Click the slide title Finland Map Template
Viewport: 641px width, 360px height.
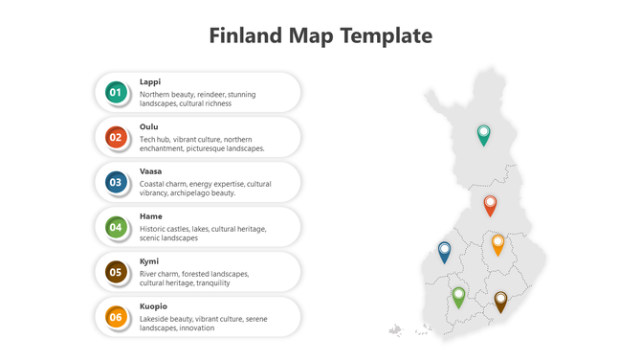click(x=320, y=36)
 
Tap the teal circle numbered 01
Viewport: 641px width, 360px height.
click(x=116, y=92)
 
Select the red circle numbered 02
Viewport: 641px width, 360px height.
click(x=116, y=137)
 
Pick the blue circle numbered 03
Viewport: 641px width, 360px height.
click(x=116, y=182)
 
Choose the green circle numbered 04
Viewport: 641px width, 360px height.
click(x=116, y=227)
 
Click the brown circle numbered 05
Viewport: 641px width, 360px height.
click(x=116, y=272)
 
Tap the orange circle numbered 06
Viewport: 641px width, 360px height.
click(x=116, y=317)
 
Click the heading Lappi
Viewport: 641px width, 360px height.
click(x=150, y=82)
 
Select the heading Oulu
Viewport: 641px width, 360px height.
click(x=149, y=127)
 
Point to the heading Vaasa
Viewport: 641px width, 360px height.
click(x=151, y=172)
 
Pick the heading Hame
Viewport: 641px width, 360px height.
click(x=151, y=217)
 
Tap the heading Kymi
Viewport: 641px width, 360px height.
click(x=149, y=261)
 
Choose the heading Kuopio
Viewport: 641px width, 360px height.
click(x=154, y=306)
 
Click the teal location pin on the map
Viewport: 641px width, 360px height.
click(x=484, y=133)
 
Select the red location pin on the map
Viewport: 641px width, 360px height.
click(x=490, y=204)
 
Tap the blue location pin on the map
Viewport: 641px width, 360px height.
click(x=444, y=251)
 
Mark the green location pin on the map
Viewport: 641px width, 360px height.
click(x=458, y=296)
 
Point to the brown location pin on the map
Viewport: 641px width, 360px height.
click(x=500, y=301)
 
